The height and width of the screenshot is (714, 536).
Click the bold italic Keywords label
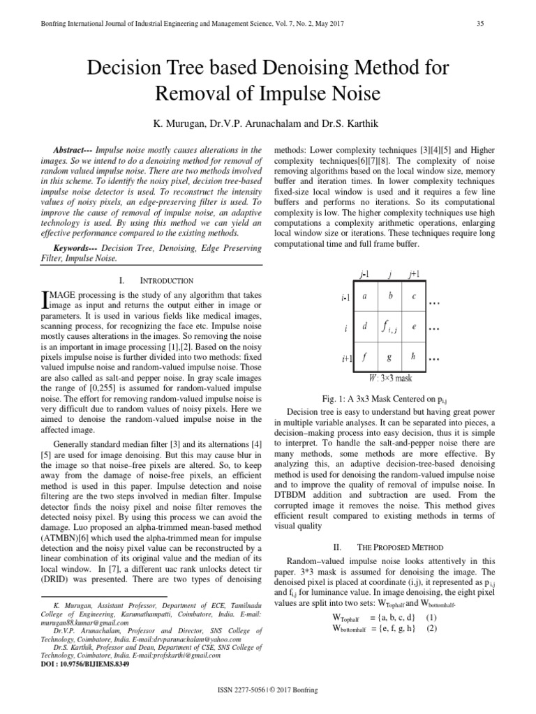tap(75, 248)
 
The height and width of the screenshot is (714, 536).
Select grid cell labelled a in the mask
tap(365, 296)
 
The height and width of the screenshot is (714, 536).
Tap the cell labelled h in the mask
tap(414, 356)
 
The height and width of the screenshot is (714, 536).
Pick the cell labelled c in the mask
tap(414, 296)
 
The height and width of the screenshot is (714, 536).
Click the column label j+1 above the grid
tap(414, 273)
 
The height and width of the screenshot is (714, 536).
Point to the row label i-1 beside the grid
tap(345, 298)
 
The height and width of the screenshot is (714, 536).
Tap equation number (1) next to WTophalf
tap(432, 617)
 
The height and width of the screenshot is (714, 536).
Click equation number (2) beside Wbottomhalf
tap(432, 628)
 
